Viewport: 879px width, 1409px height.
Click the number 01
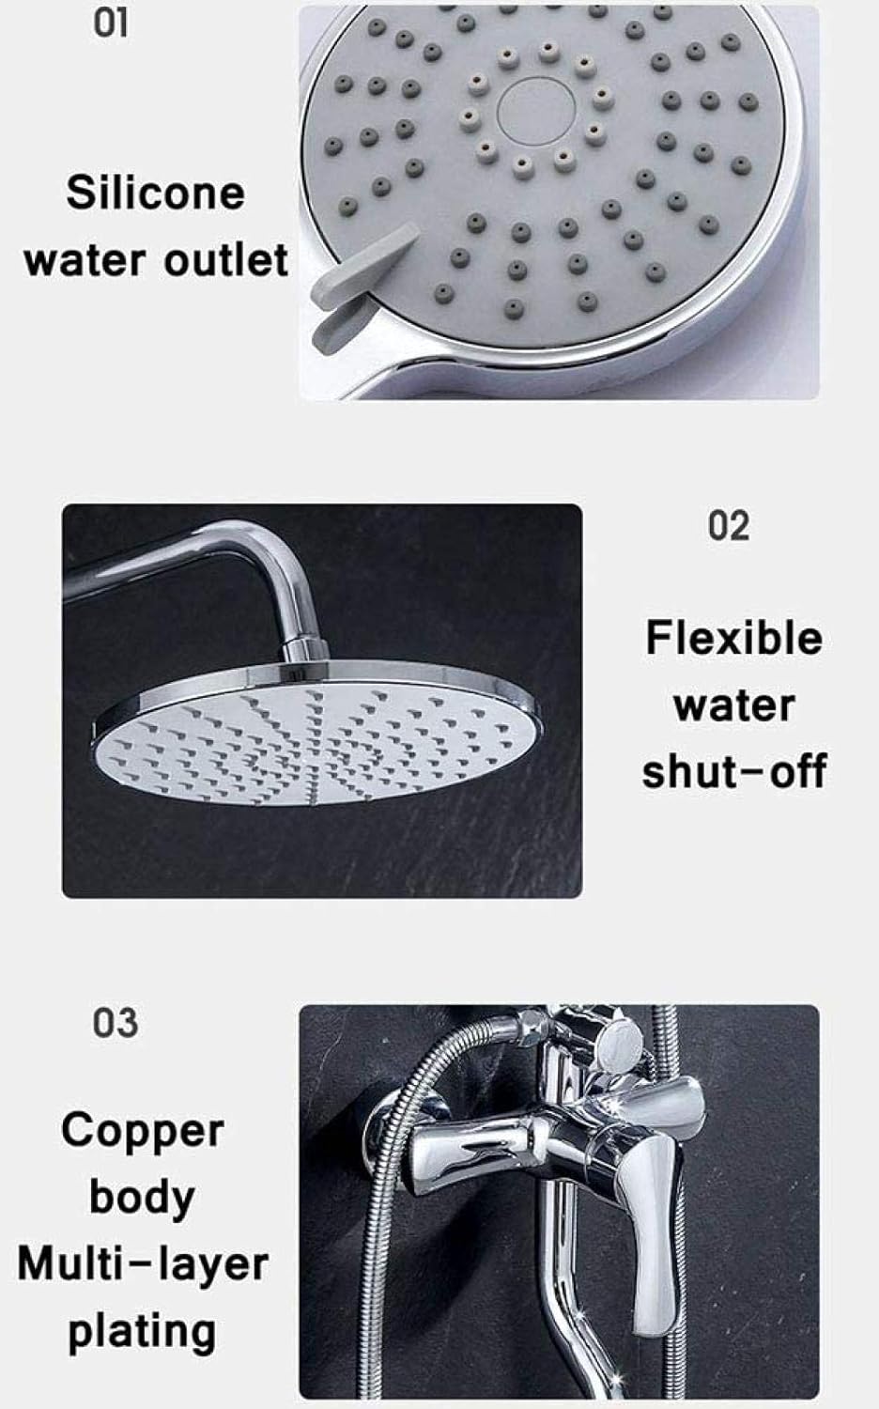110,23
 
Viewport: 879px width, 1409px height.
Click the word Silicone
155,194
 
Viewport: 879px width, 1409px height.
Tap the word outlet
225,259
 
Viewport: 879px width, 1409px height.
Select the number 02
729,526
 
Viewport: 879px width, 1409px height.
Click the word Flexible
733,639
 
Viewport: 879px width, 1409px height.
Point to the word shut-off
733,771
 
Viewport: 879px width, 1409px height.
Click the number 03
115,1023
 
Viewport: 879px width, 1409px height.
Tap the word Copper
143,1131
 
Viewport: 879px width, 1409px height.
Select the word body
143,1197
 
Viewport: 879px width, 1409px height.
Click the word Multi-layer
143,1264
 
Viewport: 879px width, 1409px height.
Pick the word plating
143,1332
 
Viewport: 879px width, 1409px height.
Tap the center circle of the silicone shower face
529,103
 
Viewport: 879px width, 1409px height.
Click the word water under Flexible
733,704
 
